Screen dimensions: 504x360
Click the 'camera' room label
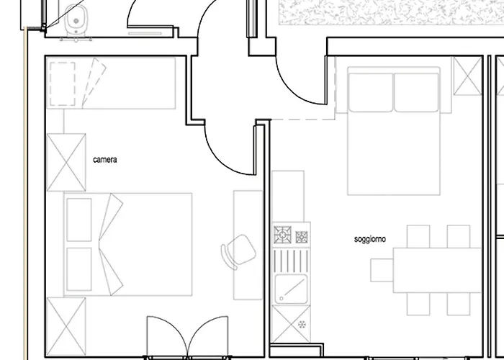point(105,160)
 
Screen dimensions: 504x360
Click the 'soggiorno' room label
point(369,239)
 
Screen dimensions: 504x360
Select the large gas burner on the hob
point(282,235)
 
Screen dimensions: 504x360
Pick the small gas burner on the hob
point(302,237)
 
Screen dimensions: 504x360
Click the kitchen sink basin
point(291,289)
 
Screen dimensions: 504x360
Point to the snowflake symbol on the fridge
point(302,324)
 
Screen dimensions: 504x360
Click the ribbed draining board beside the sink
point(291,261)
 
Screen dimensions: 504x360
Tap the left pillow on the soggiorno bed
point(371,93)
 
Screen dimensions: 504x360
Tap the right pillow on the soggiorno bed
point(416,93)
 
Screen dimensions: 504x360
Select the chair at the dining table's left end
point(382,270)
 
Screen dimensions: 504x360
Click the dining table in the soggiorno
point(438,270)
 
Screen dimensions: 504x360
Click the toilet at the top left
point(76,19)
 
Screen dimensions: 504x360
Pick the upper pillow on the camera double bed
point(79,220)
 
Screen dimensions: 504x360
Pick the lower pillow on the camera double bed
point(79,269)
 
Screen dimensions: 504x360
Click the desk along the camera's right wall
point(248,245)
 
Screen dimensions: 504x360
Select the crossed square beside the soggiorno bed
point(468,76)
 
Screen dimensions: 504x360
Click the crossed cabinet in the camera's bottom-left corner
point(66,327)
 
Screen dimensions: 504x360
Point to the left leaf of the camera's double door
point(167,336)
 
